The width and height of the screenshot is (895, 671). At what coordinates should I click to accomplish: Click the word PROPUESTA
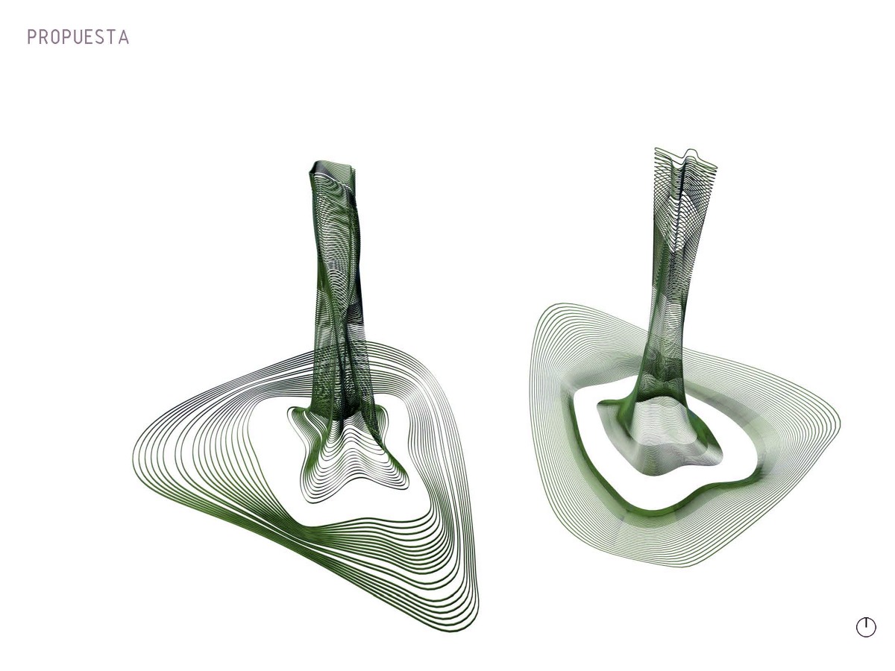click(78, 37)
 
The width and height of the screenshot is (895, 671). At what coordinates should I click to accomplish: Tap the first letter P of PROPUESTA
click(31, 37)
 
